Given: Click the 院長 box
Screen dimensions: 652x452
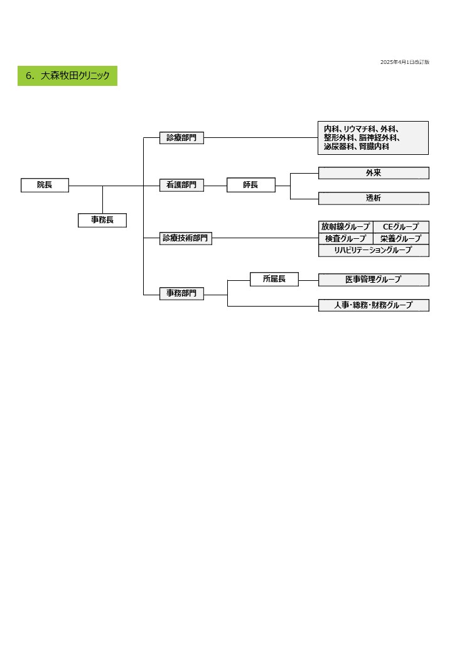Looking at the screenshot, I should click(45, 185).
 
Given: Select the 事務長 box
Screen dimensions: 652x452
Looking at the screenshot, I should click(102, 220).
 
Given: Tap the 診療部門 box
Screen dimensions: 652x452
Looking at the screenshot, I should click(181, 138).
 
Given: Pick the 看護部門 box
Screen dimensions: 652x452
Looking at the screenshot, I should click(181, 185).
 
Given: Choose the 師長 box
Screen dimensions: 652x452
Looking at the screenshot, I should click(250, 185).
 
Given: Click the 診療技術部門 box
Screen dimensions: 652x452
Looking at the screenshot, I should click(186, 238).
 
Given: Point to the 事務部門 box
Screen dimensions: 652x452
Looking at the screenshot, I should click(181, 293).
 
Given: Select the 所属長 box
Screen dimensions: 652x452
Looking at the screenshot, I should click(274, 279).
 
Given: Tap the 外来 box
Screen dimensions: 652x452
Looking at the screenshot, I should click(374, 173).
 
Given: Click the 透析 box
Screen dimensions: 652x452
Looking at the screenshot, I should click(374, 198).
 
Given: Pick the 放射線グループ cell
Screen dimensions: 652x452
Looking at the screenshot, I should click(345, 226).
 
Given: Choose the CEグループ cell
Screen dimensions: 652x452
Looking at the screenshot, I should click(401, 226).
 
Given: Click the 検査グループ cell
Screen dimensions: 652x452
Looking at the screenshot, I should click(345, 238).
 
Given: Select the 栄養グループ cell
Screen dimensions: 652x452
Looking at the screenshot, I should click(401, 238).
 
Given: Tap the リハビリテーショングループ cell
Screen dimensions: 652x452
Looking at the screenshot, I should click(374, 250).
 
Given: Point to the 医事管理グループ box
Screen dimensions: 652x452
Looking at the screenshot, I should click(374, 280).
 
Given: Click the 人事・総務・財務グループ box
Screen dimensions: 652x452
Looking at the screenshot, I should click(374, 305).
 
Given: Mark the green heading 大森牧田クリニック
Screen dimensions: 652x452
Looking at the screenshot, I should click(67, 76).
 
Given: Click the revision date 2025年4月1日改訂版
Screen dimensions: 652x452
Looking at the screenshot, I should click(404, 62).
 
